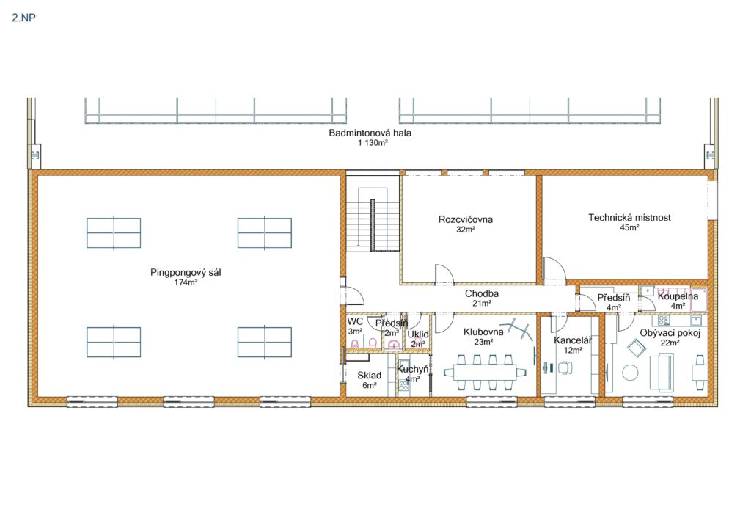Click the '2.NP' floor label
[x=24, y=18]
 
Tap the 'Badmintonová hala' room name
[x=370, y=133]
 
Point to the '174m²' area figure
[x=186, y=282]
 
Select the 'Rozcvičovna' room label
[x=466, y=219]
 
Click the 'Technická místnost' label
[x=629, y=217]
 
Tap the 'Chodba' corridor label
[x=482, y=293]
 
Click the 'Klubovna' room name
[x=483, y=332]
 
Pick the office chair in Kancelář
[x=565, y=367]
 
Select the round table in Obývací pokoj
[x=630, y=373]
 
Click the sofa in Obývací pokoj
[x=662, y=372]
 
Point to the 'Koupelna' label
[x=678, y=296]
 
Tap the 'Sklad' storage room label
[x=370, y=376]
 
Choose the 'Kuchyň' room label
[x=412, y=369]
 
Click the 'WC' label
[x=355, y=321]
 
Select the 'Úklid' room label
[x=417, y=334]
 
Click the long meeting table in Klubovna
[x=485, y=372]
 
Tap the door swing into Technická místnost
[x=555, y=271]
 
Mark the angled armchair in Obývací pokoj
[x=637, y=348]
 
